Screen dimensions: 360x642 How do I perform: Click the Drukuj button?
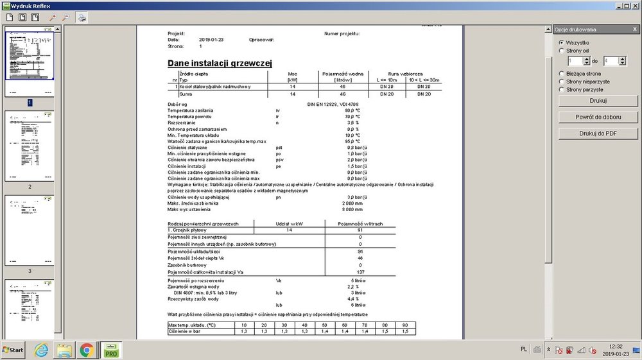point(598,101)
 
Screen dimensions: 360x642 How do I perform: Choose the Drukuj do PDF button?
point(598,133)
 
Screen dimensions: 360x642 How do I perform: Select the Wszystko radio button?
point(561,42)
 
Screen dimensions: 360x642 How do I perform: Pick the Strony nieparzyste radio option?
point(561,81)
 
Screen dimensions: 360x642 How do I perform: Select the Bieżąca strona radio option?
point(561,74)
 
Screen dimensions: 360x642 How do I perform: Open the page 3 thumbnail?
point(30,230)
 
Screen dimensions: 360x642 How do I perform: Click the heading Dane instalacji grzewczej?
point(220,63)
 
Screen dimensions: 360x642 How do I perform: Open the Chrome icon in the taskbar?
point(87,350)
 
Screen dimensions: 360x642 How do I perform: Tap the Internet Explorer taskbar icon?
point(42,350)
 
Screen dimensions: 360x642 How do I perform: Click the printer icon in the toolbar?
point(83,17)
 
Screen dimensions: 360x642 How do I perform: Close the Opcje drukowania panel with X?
point(634,30)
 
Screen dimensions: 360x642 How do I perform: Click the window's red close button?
point(635,6)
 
